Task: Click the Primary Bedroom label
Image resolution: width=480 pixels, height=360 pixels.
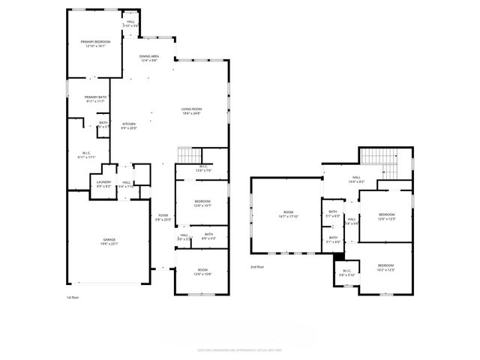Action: (95, 43)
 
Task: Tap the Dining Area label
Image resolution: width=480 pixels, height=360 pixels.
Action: (148, 58)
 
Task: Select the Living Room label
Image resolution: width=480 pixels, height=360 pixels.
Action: (191, 112)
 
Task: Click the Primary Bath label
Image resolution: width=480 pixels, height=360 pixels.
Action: (95, 99)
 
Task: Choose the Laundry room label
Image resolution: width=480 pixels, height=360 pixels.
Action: (104, 183)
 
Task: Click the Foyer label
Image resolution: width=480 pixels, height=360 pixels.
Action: (163, 217)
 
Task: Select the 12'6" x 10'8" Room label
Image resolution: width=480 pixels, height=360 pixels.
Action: (202, 272)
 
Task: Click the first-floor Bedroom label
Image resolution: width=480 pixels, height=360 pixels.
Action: (202, 202)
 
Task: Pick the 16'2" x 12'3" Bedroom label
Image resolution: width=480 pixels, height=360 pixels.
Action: (385, 267)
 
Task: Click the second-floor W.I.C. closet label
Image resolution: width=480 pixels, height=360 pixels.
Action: (346, 273)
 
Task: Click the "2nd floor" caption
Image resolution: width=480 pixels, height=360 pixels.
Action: (258, 266)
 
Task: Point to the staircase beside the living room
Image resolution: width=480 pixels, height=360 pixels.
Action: (185, 155)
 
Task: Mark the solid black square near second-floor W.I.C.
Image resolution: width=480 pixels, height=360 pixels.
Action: (338, 256)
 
